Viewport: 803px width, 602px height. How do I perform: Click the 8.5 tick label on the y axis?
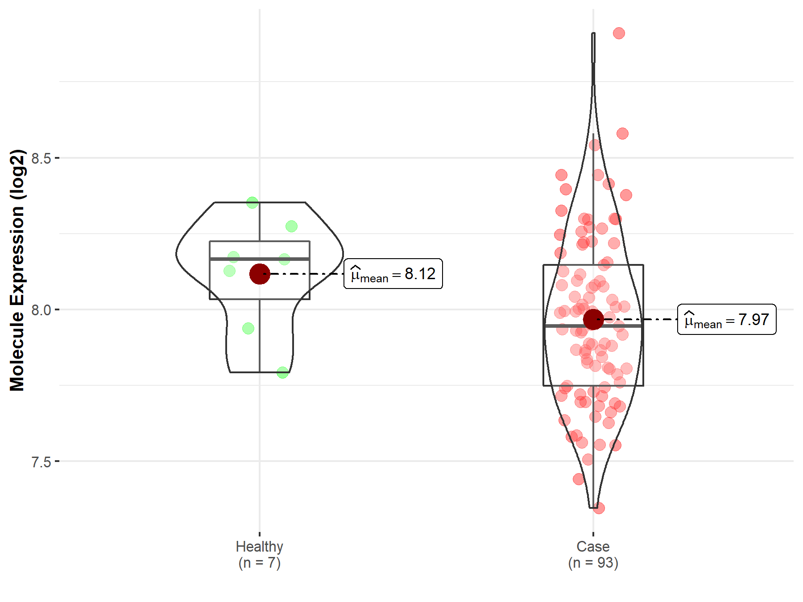click(x=41, y=158)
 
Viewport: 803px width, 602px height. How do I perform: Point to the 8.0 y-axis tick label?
click(x=41, y=310)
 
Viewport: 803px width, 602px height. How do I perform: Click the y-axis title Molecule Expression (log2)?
click(x=17, y=270)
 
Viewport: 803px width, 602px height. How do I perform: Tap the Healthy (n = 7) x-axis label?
click(x=259, y=554)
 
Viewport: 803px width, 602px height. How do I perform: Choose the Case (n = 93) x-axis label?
click(x=593, y=554)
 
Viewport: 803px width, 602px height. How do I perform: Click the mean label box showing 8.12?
click(x=393, y=274)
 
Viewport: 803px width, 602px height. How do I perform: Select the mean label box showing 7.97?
click(x=727, y=320)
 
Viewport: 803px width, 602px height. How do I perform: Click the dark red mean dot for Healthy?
click(x=260, y=274)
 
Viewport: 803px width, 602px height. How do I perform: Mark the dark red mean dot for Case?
click(x=593, y=319)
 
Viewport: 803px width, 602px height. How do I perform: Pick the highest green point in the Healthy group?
click(x=252, y=203)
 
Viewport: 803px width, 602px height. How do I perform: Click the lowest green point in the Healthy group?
click(x=282, y=372)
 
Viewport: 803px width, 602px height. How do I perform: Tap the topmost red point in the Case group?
click(x=619, y=33)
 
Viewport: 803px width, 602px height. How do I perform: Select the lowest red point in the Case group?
click(x=599, y=508)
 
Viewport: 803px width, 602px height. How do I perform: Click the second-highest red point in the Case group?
click(x=622, y=133)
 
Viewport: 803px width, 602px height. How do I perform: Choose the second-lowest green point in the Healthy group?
click(x=248, y=329)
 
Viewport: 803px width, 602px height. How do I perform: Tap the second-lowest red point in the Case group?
click(x=579, y=479)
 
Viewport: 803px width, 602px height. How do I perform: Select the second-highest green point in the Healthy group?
click(x=291, y=227)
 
